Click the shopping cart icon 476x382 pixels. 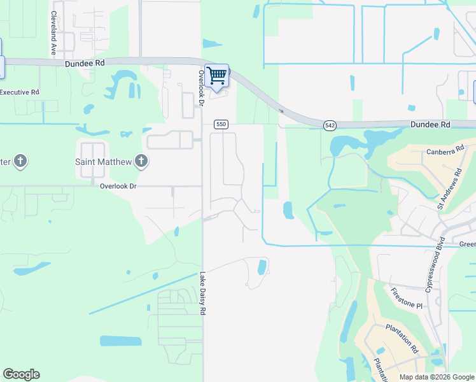[x=216, y=76]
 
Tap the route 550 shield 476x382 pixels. [x=221, y=124]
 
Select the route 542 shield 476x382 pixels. [x=330, y=125]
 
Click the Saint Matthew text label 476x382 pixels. [x=104, y=162]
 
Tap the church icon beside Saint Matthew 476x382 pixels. [x=141, y=162]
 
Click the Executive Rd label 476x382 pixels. [x=19, y=92]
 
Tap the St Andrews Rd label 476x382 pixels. [x=449, y=189]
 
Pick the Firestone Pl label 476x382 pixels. [x=407, y=297]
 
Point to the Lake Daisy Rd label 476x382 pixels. [x=203, y=294]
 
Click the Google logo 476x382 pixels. [x=21, y=374]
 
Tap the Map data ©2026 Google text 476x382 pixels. [x=436, y=377]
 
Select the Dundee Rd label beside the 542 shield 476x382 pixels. [x=430, y=125]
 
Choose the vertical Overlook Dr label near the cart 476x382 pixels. [x=200, y=88]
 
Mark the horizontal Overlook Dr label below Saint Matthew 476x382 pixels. [x=118, y=186]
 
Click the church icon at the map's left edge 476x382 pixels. [x=20, y=161]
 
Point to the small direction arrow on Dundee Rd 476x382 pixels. [x=281, y=110]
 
